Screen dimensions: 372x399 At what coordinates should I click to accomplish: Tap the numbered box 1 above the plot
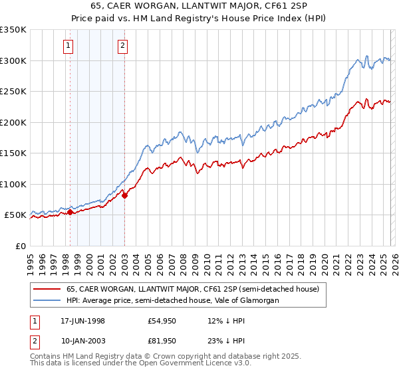coord(70,46)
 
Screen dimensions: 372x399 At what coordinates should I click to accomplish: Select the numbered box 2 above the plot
coord(124,46)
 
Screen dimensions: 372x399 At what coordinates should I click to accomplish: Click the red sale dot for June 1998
coord(70,212)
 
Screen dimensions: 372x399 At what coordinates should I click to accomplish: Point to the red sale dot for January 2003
coord(124,195)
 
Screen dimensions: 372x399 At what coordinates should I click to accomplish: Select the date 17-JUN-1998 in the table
coord(82,321)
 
